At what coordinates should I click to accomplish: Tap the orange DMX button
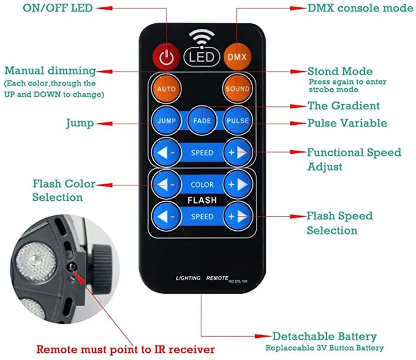[237, 57]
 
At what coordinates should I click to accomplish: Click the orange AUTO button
[166, 88]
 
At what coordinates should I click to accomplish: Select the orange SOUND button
[237, 88]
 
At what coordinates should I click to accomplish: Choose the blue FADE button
[201, 120]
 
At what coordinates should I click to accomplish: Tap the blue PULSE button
[237, 120]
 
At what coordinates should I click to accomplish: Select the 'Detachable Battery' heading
[324, 337]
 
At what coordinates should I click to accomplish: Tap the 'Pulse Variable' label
[347, 123]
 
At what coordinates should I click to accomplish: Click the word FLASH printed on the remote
[202, 200]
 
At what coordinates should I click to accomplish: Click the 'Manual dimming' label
[50, 71]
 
